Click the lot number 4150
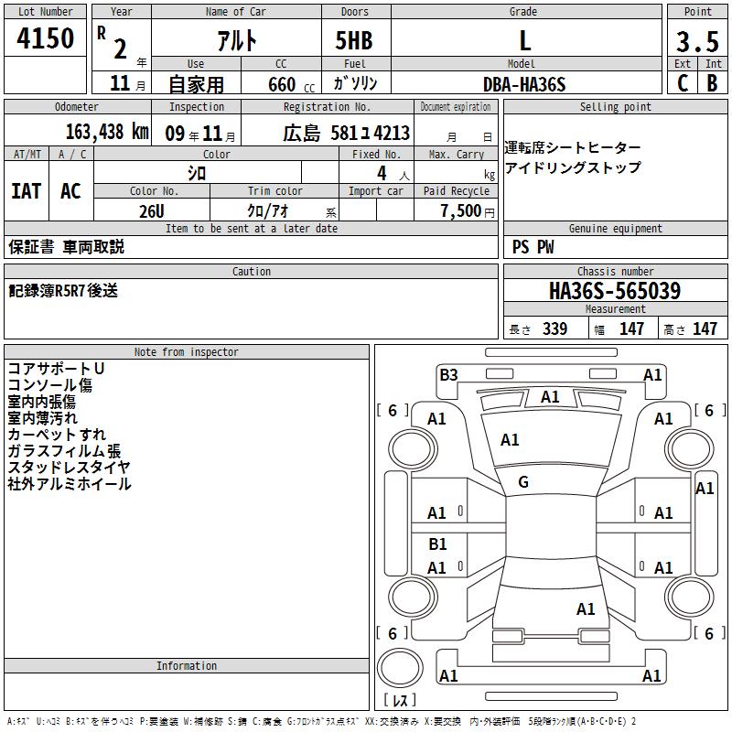point(45,38)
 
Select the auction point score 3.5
point(697,41)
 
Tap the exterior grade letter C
point(683,83)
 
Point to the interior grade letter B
point(712,83)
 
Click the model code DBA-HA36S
point(524,84)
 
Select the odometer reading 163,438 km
point(107,132)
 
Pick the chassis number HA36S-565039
point(615,291)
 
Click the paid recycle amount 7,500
point(461,211)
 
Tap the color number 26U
point(152,211)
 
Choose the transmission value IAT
point(27,191)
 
